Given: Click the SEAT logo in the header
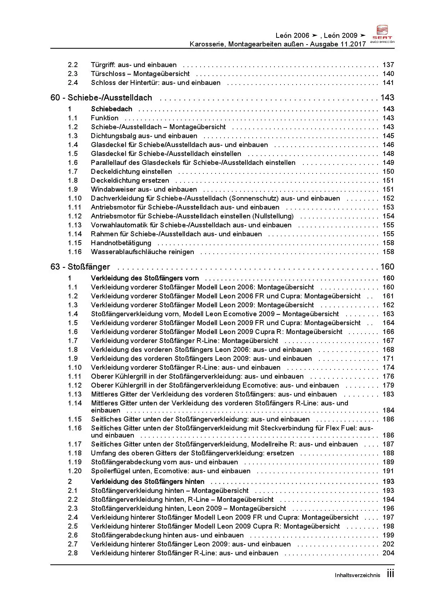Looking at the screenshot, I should point(382,33).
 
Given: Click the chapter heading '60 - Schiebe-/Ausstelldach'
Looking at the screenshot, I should point(101,98).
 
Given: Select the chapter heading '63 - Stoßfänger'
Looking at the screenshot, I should point(80,267).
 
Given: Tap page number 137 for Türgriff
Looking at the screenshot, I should point(388,65).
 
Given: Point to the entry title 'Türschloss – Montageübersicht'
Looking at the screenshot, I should point(140,74).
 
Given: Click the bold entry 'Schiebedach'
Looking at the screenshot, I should point(111,109).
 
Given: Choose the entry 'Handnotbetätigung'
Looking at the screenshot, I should point(121,243).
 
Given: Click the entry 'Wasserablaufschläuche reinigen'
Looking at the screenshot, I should point(142,252).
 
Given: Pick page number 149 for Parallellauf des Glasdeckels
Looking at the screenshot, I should point(388,163).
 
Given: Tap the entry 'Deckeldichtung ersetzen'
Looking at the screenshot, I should point(130,181).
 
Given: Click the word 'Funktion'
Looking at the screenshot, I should point(105,118).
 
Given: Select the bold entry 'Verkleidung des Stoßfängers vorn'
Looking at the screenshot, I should point(145,278).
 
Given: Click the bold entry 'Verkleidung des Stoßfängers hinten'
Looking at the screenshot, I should point(148,482).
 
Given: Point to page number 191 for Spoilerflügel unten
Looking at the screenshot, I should point(388,471).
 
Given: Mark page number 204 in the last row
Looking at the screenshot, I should point(388,553).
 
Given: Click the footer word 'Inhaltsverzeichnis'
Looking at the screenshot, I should point(357,575).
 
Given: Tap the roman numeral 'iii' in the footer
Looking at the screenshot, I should point(390,574).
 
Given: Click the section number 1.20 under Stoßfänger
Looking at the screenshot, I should point(75,471).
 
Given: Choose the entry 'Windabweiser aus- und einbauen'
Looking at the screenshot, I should point(144,190).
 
